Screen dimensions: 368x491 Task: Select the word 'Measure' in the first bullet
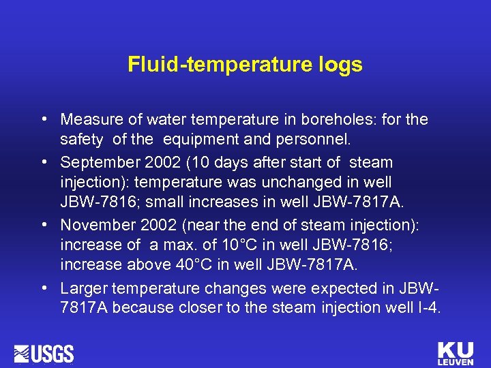pos(85,120)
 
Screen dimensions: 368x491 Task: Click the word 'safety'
pos(81,141)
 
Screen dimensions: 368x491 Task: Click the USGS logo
pos(44,354)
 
